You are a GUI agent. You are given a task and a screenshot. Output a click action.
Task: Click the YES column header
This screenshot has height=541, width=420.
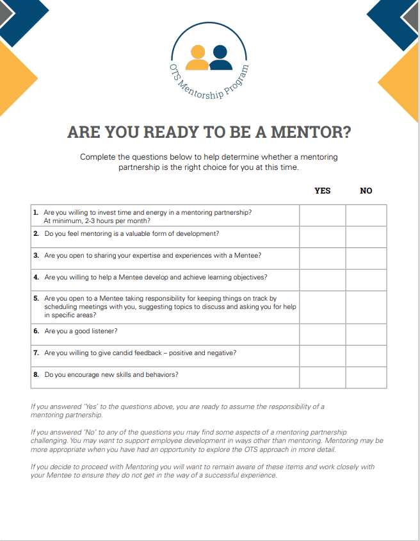(323, 190)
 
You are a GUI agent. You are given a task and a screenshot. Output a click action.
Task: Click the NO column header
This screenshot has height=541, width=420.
(366, 190)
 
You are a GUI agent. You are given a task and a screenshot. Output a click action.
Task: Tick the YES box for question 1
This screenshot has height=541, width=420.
(323, 215)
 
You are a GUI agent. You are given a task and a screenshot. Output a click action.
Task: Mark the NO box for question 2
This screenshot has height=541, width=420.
(366, 237)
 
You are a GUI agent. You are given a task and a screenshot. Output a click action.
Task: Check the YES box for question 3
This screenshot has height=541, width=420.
(323, 258)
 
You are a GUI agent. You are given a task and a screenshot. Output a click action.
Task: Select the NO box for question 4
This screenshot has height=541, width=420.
(366, 280)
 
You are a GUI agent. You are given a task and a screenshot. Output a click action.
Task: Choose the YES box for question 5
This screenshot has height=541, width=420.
(323, 307)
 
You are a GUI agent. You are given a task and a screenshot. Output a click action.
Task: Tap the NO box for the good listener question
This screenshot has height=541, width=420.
(366, 334)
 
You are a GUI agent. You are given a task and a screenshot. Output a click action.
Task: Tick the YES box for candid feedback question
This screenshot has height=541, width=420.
(323, 356)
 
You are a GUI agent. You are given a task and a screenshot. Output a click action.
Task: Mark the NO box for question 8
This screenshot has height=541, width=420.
(366, 377)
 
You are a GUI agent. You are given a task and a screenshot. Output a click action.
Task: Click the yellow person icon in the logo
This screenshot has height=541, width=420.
(198, 58)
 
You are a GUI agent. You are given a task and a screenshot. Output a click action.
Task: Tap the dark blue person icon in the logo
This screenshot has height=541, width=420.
(220, 58)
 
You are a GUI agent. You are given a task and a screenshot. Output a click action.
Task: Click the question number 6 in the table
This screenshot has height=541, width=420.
(36, 331)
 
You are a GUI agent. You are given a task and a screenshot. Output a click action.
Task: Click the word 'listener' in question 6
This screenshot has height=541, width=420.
(104, 331)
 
